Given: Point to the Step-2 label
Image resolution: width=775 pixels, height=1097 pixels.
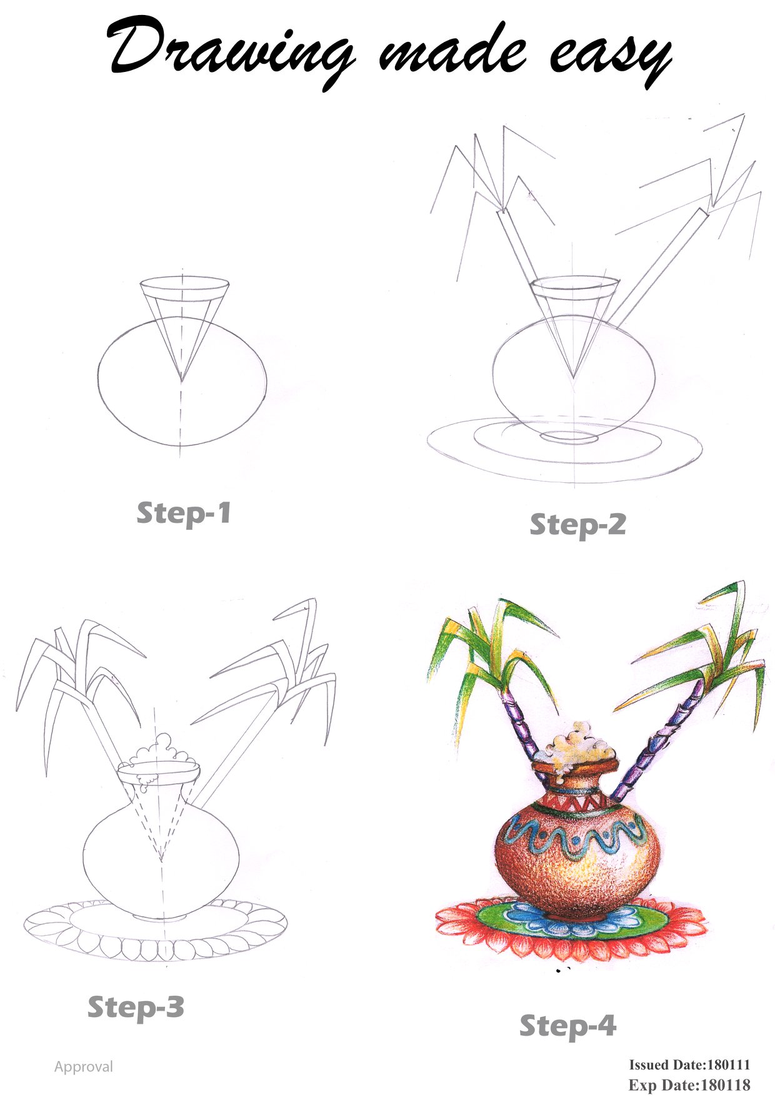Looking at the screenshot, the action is click(x=577, y=525).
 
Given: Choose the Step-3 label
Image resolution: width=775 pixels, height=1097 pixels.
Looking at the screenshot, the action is click(x=136, y=1007).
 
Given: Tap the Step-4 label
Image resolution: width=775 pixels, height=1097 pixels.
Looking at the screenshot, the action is click(x=568, y=1026).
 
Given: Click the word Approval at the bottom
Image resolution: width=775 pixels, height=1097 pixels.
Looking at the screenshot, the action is click(x=84, y=1067).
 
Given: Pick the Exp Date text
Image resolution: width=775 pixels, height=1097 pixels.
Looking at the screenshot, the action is click(x=689, y=1085).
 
